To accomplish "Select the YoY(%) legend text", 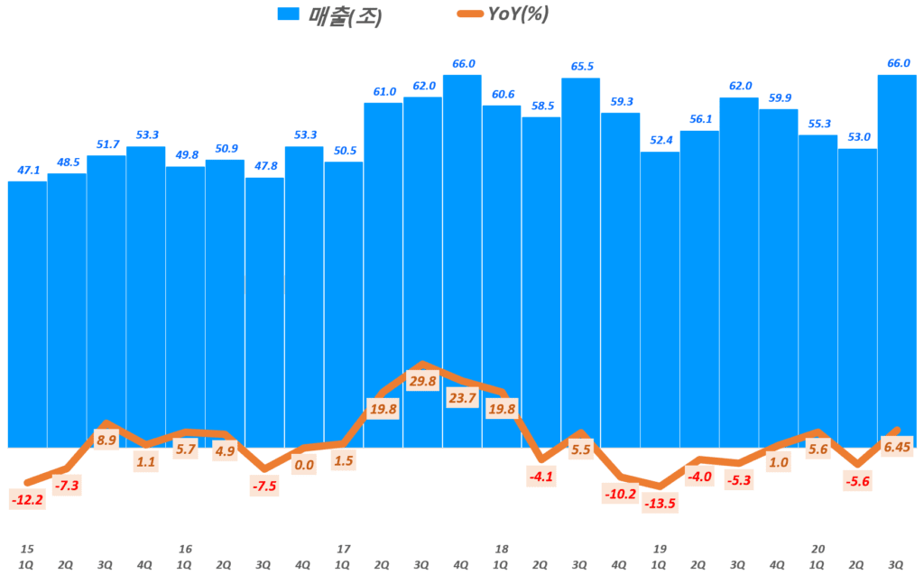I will tap(518, 14).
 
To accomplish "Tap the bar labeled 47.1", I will tap(27, 316).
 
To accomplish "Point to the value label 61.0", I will tap(383, 92).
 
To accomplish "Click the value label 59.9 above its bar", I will tap(778, 98).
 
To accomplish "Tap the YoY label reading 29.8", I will tap(422, 381).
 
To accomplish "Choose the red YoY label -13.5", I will tap(660, 503).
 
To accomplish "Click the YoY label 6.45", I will tap(897, 446).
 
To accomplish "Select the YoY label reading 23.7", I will tap(462, 397).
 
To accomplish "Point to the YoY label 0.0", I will tap(304, 465).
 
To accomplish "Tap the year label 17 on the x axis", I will tap(342, 548).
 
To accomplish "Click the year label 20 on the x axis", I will tap(818, 548).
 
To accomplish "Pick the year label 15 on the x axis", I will tap(26, 548).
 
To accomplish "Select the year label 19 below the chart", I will tap(660, 548).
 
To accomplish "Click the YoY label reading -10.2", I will tap(621, 494).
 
